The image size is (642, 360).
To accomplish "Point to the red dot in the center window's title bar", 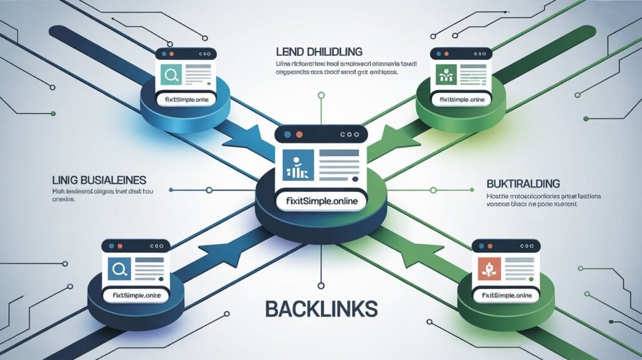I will tap(298, 135).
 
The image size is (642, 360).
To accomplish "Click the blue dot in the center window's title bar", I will tap(287, 135).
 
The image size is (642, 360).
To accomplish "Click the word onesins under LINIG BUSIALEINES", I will tap(63, 199).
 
